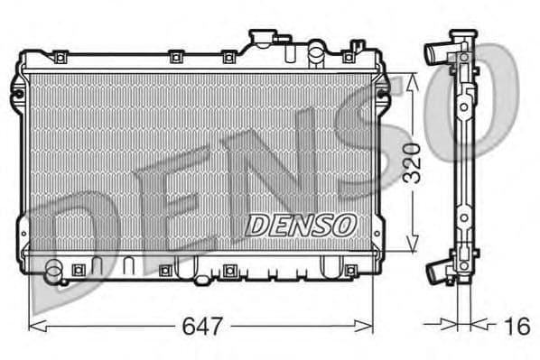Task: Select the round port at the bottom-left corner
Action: [x=53, y=268]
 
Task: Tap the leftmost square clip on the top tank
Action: [x=61, y=58]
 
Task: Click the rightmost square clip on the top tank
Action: [x=349, y=57]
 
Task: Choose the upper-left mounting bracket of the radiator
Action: [x=19, y=88]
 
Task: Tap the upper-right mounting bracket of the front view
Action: [x=383, y=88]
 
